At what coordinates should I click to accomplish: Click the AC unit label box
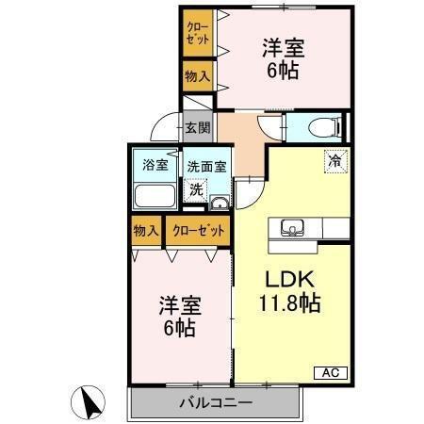point(331,371)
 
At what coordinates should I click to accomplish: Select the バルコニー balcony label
point(215,403)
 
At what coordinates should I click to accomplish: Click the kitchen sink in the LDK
point(291,227)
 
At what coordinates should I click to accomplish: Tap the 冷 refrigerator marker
point(334,161)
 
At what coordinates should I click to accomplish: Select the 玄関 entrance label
point(197,127)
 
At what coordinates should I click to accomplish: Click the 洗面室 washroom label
point(205,167)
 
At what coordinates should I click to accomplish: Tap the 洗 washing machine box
point(195,188)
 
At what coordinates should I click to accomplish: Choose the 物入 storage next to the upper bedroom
point(197,77)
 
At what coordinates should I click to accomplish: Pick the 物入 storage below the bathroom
point(146,230)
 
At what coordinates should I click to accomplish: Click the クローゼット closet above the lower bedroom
point(199,230)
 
